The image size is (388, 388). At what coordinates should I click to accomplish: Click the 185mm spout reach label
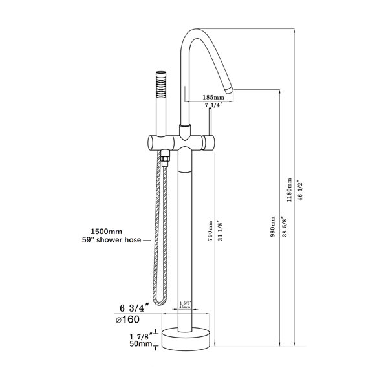213,97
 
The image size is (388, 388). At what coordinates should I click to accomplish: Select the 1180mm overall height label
289,189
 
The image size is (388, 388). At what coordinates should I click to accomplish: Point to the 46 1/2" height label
301,190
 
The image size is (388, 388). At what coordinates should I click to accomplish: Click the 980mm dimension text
273,227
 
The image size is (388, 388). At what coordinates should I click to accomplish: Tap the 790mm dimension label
210,231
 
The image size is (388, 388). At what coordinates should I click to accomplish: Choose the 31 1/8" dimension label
221,230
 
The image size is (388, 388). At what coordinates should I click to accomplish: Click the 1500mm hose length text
107,232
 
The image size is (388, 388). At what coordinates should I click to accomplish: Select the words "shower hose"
119,240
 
